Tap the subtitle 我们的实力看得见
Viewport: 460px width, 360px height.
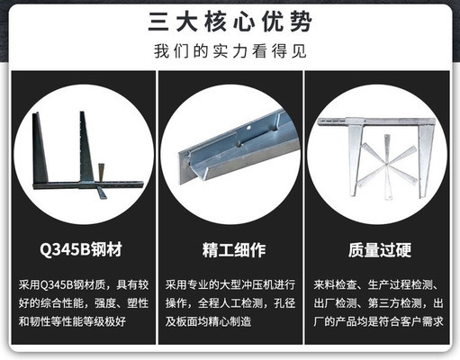230,50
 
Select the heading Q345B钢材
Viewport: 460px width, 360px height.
77,247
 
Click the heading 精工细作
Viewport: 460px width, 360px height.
230,247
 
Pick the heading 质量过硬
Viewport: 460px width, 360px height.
382,247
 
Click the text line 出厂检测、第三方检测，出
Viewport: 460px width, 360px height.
382,301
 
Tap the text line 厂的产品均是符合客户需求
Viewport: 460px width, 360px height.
382,319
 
